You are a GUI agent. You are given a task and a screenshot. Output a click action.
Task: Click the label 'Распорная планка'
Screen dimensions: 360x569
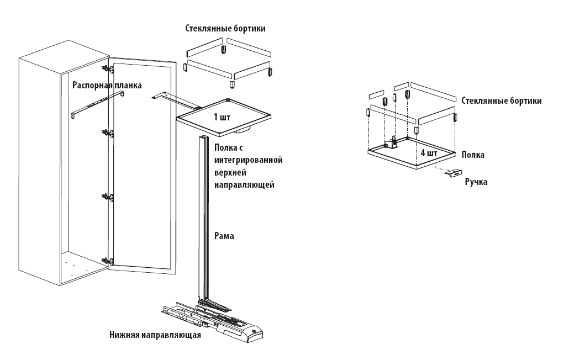[x=107, y=86]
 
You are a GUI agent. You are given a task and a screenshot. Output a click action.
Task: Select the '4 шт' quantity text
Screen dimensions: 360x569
[x=429, y=153]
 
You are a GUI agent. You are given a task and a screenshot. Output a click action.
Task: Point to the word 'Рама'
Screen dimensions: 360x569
[x=224, y=236]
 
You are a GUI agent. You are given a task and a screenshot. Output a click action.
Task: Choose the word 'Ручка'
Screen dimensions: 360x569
[x=476, y=181]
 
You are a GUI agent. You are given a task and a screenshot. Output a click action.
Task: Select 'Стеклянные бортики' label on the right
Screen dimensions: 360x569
[x=501, y=101]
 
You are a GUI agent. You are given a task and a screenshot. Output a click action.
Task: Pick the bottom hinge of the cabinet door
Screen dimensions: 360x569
[x=108, y=261]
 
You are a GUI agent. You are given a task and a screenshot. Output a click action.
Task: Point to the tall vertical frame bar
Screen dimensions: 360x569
[x=202, y=221]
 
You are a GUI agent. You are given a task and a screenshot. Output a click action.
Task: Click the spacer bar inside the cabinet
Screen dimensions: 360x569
[x=97, y=105]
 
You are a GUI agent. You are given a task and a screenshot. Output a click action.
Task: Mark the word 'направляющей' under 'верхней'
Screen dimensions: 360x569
[x=244, y=184]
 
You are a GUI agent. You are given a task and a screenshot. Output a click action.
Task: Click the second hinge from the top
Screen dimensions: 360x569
[x=108, y=133]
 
